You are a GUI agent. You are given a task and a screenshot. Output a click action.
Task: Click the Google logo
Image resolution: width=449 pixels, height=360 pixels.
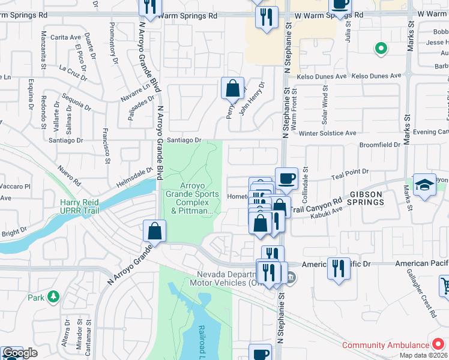[19, 353]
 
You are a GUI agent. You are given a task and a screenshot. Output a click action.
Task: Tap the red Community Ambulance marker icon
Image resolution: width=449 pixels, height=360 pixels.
[438, 345]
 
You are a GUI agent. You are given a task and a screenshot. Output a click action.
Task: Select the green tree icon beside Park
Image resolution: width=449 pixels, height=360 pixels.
[53, 297]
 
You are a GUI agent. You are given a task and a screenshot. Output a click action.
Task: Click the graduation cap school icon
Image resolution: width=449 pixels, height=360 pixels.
[424, 184]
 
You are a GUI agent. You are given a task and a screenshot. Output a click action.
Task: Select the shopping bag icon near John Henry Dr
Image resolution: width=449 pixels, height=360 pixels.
[232, 88]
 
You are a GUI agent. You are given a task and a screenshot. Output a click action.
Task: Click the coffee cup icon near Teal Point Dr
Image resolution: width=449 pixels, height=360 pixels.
[286, 178]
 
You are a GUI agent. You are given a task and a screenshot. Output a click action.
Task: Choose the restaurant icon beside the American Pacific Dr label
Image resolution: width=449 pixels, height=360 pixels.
[339, 267]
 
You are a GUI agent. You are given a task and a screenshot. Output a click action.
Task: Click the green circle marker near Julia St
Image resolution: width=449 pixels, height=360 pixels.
[380, 49]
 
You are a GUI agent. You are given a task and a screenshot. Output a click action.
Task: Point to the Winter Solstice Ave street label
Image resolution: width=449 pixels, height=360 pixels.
[327, 133]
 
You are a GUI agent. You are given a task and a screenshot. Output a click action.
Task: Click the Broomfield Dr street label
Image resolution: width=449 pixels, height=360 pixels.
[379, 145]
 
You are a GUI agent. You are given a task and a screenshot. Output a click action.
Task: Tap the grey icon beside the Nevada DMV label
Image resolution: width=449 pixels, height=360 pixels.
[291, 277]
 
